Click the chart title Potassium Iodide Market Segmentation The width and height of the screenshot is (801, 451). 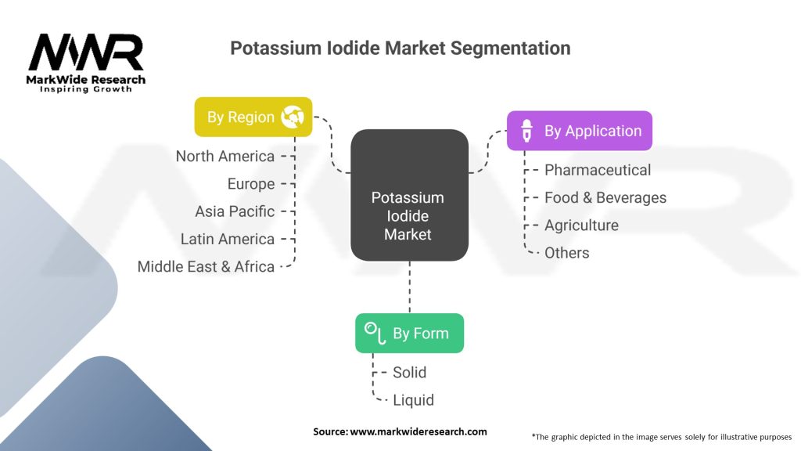pos(400,48)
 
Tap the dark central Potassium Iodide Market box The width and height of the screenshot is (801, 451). pos(408,195)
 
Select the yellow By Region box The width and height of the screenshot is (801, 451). pos(253,117)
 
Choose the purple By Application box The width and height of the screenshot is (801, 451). pos(579,131)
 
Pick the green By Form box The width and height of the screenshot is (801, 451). pos(409,333)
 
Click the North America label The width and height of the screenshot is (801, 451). pos(225,157)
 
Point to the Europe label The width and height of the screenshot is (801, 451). pos(251,184)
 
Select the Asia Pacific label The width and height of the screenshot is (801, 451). pos(235,211)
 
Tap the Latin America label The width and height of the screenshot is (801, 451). pos(228,239)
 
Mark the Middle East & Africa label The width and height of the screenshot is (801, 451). pos(206,266)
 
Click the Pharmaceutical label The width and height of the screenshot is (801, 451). pos(598,170)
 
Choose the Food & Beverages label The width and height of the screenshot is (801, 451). pos(605,197)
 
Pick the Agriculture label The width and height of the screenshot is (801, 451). pos(581,225)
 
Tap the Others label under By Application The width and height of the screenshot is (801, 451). pos(567,252)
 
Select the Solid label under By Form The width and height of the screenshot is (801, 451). pos(409,372)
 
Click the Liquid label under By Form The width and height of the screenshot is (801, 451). pos(413,399)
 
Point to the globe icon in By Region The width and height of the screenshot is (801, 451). pos(293,117)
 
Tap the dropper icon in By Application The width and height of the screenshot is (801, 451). pos(528,131)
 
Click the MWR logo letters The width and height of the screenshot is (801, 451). pos(86,53)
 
